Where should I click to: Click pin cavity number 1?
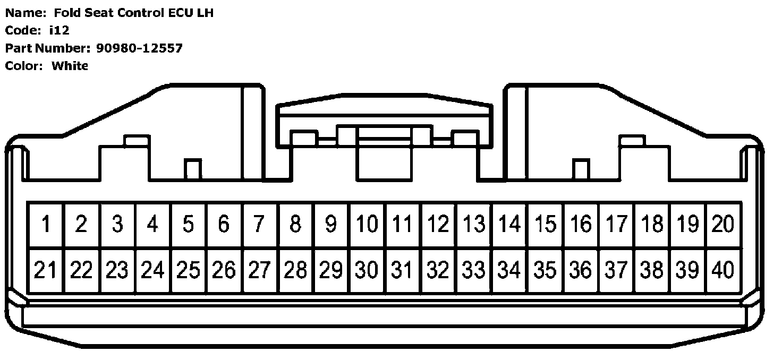pyautogui.click(x=46, y=225)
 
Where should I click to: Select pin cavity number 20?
pyautogui.click(x=723, y=225)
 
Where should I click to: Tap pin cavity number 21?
pyautogui.click(x=46, y=271)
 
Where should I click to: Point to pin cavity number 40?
pyautogui.click(x=723, y=271)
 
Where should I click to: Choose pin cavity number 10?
pyautogui.click(x=367, y=225)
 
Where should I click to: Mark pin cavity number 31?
pyautogui.click(x=403, y=271)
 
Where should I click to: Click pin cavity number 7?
pyautogui.click(x=260, y=225)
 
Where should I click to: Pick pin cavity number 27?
pyautogui.click(x=260, y=271)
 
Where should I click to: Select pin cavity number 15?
pyautogui.click(x=546, y=225)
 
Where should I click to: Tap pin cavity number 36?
pyautogui.click(x=581, y=271)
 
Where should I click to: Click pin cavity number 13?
pyautogui.click(x=474, y=225)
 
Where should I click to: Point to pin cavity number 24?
pyautogui.click(x=153, y=271)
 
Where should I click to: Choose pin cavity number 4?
pyautogui.click(x=153, y=225)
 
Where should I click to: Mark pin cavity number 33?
pyautogui.click(x=474, y=271)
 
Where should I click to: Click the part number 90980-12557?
pyautogui.click(x=140, y=48)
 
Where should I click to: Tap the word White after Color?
pyautogui.click(x=70, y=66)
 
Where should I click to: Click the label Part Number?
pyautogui.click(x=47, y=48)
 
